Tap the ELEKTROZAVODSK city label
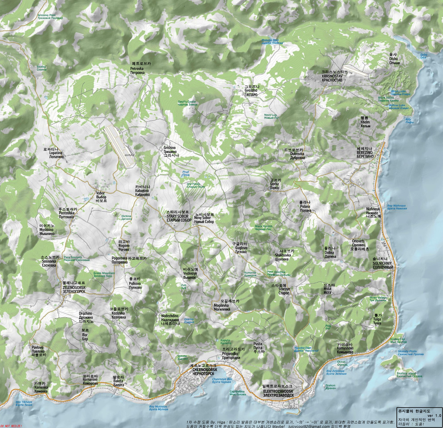pos(278,391)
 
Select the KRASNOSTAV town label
pos(332,76)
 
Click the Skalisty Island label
pos(406,374)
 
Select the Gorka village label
pos(275,184)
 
